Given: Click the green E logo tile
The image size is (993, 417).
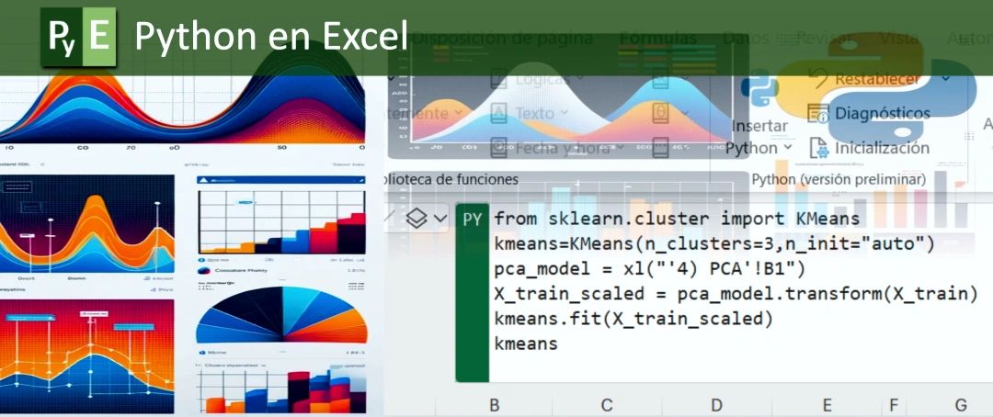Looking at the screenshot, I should click(x=99, y=37).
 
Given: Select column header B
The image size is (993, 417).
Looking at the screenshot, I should click(x=494, y=404).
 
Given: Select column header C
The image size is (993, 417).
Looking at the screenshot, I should click(x=606, y=404).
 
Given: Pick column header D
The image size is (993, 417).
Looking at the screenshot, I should click(x=716, y=404).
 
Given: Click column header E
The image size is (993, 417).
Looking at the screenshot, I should click(x=827, y=404).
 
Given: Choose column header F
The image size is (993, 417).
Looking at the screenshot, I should click(x=892, y=404).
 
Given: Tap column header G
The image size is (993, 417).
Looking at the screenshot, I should click(x=961, y=404).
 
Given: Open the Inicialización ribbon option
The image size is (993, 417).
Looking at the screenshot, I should click(x=881, y=148).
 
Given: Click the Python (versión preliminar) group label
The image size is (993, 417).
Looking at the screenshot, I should click(x=838, y=179).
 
